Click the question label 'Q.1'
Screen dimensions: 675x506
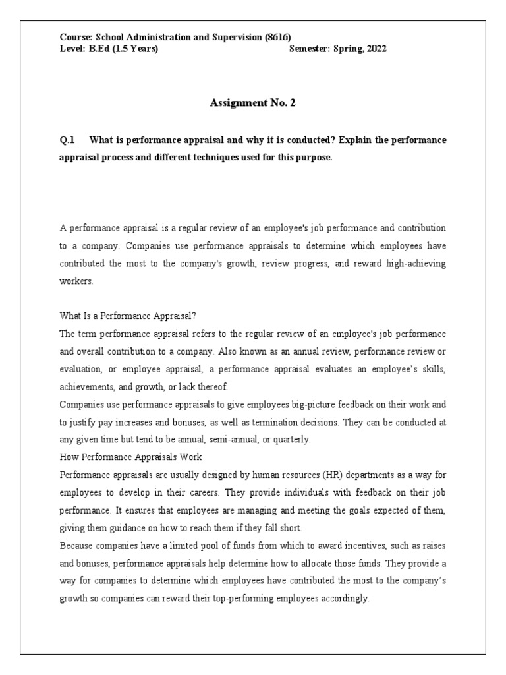[x=68, y=140]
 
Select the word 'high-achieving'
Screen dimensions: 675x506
[x=414, y=263]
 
